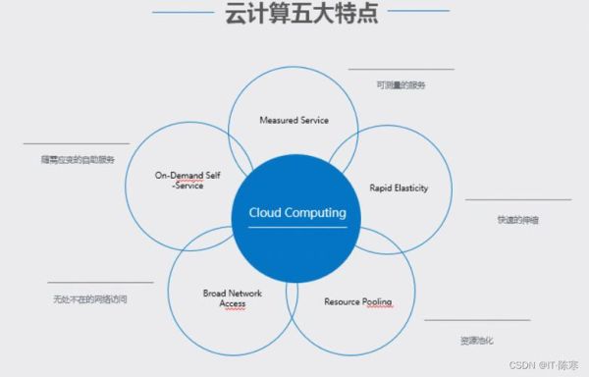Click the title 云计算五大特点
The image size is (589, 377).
tap(294, 16)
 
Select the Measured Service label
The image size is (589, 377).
tap(294, 120)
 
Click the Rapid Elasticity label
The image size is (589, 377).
tap(398, 188)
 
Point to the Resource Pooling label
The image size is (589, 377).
tap(358, 301)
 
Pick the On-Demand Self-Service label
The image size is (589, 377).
tap(180, 180)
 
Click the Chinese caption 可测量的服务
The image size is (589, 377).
tap(401, 85)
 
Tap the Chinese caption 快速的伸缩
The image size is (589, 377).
tap(516, 220)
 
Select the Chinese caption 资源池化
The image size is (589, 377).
tap(476, 340)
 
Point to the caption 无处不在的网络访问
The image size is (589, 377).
tap(90, 299)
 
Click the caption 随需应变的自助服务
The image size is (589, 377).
tap(71, 159)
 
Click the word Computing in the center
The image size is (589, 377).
tap(315, 212)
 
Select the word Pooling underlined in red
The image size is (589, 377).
tap(377, 301)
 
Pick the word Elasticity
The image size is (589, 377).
tap(411, 188)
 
